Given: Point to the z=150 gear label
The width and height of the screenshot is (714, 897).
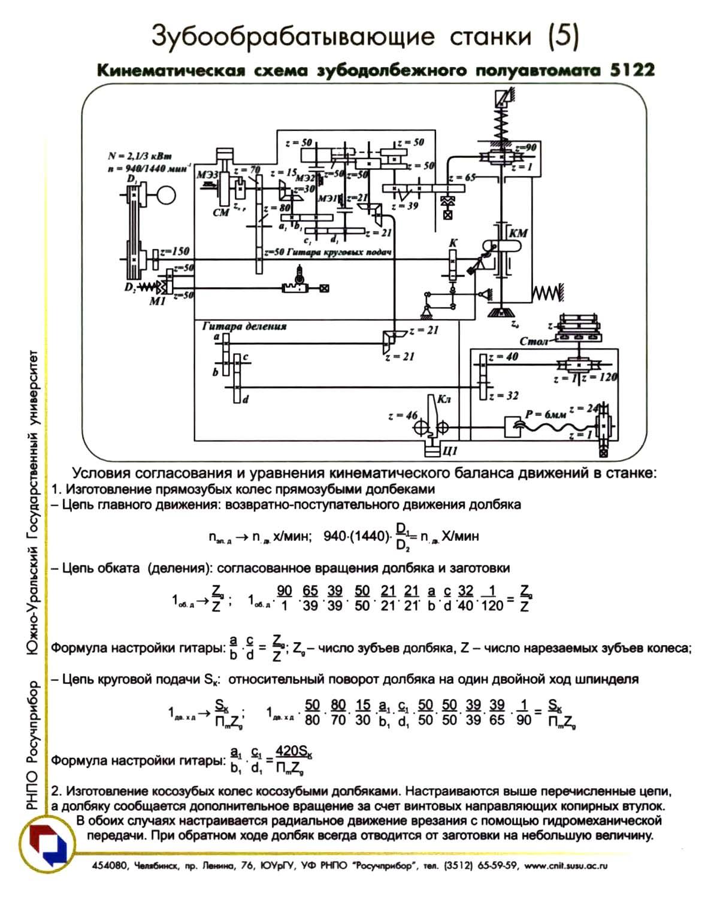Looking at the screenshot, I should point(174,252).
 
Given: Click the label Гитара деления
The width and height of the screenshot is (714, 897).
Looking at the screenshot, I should point(244,327).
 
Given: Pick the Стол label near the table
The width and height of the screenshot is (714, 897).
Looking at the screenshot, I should point(534,342).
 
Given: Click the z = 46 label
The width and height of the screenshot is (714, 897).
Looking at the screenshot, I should point(403,415).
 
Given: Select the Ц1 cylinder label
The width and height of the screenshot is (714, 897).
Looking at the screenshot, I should point(449,450).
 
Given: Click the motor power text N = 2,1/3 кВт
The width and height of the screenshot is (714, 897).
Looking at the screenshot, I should point(140,156).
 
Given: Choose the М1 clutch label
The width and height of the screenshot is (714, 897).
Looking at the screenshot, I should point(157,301).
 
